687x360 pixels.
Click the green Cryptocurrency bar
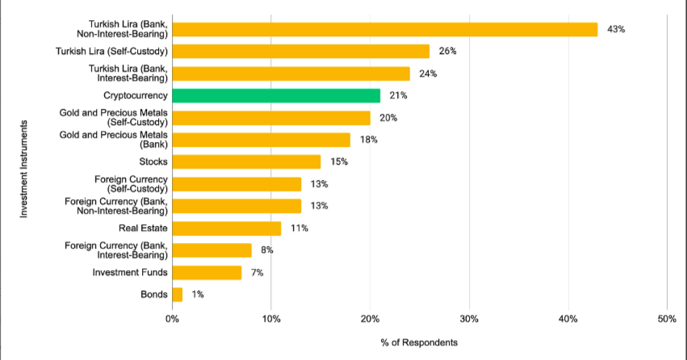(276, 96)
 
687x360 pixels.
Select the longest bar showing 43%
(385, 30)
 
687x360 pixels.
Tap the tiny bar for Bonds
(178, 295)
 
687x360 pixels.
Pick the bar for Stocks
(246, 162)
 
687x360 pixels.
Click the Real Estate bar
(227, 228)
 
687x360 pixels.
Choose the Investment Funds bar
(207, 273)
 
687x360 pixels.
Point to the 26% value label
(448, 52)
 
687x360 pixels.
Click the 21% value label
(398, 96)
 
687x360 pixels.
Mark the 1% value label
(198, 295)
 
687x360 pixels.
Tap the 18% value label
(369, 140)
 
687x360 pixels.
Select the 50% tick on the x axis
(667, 319)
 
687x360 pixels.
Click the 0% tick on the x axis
(172, 319)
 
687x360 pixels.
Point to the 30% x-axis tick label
(469, 319)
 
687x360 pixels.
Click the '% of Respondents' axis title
(419, 342)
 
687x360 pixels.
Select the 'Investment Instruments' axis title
(24, 169)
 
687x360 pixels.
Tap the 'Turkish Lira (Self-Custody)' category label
(111, 52)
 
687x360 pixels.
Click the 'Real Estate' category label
(143, 228)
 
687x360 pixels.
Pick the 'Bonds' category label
(154, 295)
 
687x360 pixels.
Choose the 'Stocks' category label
(153, 162)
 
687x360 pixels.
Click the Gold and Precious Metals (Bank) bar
(261, 140)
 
